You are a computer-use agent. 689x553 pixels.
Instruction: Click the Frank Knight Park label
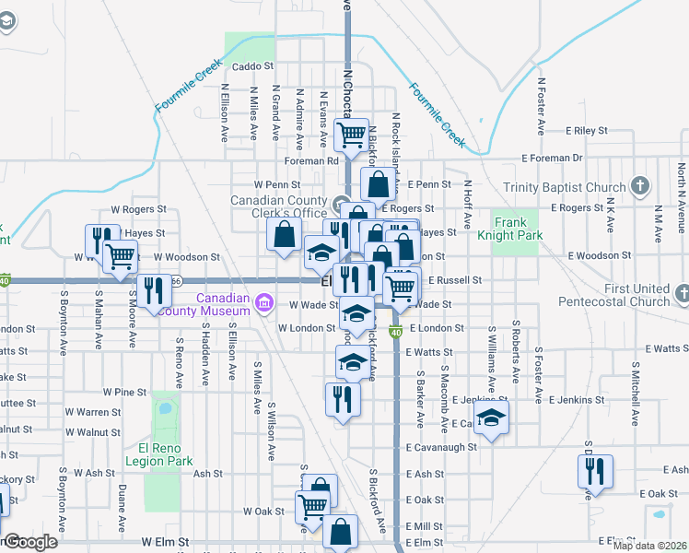point(518,229)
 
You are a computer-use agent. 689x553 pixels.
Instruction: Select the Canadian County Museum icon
point(264,302)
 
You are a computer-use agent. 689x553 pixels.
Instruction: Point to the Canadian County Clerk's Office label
point(278,207)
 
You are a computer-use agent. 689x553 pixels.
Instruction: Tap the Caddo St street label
point(253,66)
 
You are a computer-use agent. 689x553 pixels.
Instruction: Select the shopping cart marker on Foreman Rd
point(351,135)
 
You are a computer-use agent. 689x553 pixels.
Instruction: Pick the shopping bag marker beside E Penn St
point(379,183)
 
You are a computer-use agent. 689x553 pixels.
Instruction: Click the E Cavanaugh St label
point(441,447)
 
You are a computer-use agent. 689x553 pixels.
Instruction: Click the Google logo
point(29,542)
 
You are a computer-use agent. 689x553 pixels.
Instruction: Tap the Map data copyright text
point(649,546)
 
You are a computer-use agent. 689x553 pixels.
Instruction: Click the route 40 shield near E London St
point(396,332)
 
